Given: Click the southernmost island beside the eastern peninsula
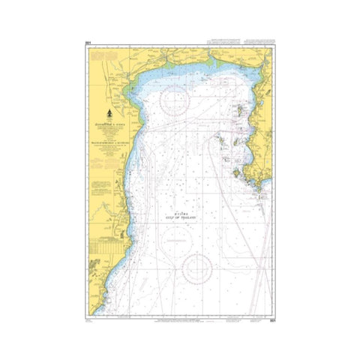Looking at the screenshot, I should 239,175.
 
